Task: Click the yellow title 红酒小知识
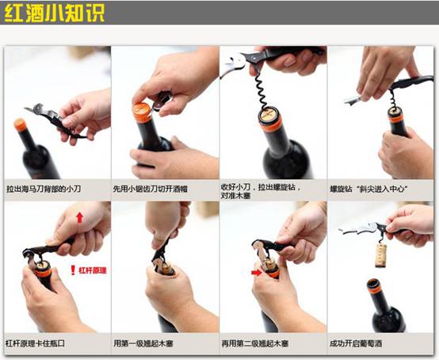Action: pos(55,13)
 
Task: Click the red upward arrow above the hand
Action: pos(80,217)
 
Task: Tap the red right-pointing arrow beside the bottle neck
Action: pos(256,272)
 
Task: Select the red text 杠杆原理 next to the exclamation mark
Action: pos(93,270)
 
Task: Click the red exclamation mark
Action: pos(73,270)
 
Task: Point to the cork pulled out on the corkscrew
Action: pos(381,255)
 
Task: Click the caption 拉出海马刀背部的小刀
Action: pos(44,189)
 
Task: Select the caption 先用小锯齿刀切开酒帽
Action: pos(150,189)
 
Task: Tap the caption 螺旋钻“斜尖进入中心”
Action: pos(368,189)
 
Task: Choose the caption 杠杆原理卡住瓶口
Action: pos(35,343)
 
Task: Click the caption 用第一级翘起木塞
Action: pos(143,343)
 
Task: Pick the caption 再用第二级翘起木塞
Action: pos(255,343)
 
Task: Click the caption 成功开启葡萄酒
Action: pos(356,343)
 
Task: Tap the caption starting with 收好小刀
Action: pos(261,191)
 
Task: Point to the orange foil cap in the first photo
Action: pos(20,125)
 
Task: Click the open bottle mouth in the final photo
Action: pos(373,284)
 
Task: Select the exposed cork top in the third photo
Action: pos(269,115)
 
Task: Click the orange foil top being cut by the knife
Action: pos(142,112)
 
